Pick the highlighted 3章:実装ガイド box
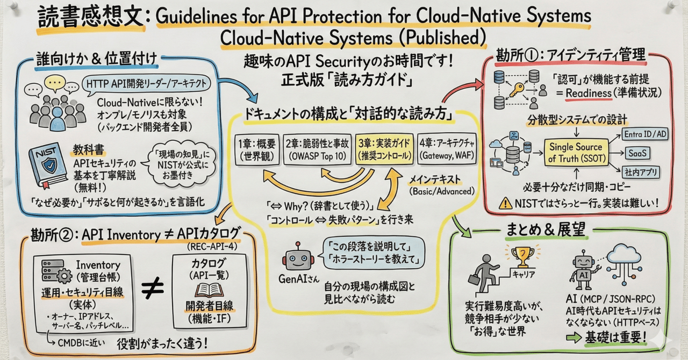tap(384, 148)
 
